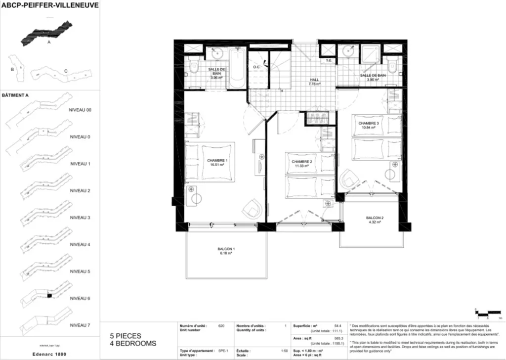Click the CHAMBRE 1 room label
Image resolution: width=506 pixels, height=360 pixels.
[217, 163]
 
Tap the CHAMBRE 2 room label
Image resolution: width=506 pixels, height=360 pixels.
[301, 164]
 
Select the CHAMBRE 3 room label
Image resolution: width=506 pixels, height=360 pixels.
[369, 125]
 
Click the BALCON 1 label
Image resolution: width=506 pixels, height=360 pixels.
[226, 251]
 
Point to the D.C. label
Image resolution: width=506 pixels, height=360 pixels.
[257, 67]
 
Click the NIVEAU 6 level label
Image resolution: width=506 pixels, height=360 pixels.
[80, 298]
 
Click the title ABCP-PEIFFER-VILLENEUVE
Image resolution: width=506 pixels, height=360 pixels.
[50, 5]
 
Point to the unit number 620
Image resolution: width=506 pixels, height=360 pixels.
[221, 326]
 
